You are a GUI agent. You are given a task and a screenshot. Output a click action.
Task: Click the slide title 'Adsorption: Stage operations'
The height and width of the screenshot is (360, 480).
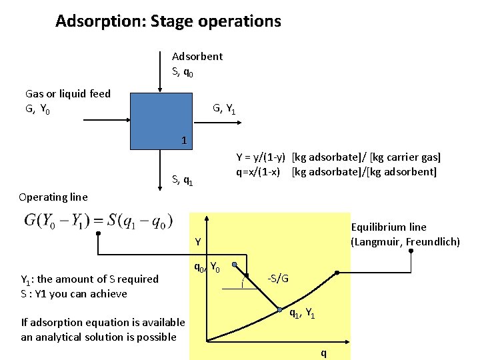pos(168,21)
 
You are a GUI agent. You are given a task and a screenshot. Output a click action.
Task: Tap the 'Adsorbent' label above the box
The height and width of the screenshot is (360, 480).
pos(197,57)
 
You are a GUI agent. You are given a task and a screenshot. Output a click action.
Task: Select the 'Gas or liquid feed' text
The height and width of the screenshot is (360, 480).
pos(68,94)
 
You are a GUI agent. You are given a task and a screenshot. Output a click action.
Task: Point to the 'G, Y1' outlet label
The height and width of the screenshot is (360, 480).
pos(224,108)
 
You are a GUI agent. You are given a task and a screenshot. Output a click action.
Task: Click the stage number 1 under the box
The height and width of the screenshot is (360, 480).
pos(184,141)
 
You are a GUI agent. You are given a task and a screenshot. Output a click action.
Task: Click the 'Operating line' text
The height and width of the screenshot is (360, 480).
pos(53,197)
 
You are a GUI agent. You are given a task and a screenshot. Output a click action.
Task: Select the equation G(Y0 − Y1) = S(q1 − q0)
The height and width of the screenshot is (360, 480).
pos(98,220)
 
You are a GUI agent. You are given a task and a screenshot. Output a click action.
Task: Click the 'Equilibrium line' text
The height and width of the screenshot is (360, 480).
pos(389,227)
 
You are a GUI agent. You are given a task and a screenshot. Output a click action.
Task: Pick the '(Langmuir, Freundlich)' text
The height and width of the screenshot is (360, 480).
pos(405,241)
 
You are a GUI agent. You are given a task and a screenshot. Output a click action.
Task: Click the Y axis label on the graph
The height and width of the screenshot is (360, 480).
pos(199,241)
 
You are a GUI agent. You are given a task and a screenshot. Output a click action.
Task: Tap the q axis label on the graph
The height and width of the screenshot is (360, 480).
pos(324,353)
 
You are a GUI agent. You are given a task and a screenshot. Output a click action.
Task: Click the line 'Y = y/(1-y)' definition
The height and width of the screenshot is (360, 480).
pos(339,158)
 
